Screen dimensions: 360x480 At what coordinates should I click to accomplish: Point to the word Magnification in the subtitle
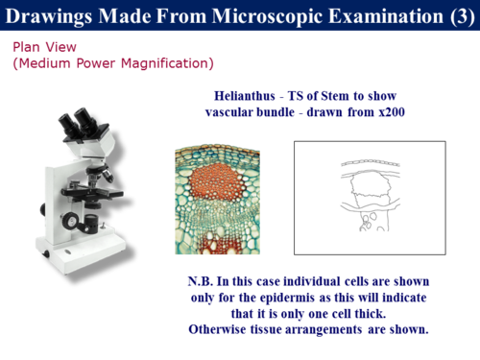(x=170, y=63)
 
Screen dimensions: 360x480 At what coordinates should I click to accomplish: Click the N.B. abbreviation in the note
(x=203, y=282)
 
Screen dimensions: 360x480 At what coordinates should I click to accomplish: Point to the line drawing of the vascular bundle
(x=370, y=198)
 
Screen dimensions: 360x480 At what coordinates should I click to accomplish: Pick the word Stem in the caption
(x=334, y=97)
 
